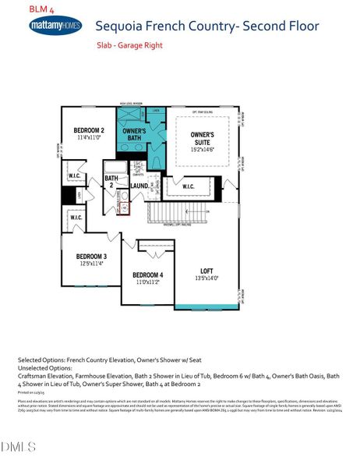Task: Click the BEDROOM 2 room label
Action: pos(89,130)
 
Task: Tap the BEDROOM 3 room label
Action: pos(91,257)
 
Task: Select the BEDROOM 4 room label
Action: pos(147,275)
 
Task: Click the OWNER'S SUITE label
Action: pos(202,139)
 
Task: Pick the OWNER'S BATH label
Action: pos(135,135)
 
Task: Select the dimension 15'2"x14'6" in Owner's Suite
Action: pos(202,150)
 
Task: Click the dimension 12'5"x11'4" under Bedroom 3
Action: pos(91,264)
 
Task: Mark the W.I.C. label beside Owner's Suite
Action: pos(188,186)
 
